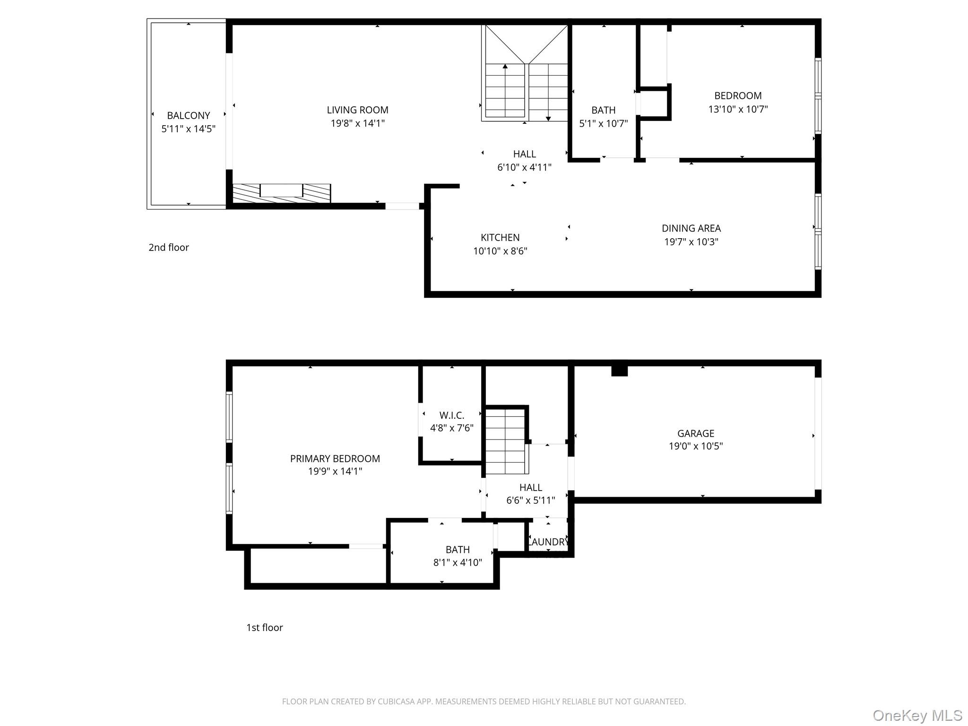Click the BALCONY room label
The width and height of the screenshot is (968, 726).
(x=188, y=115)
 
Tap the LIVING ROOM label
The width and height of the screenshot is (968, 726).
(x=357, y=110)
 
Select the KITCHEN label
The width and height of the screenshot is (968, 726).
(x=500, y=237)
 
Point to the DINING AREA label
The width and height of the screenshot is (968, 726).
(x=691, y=228)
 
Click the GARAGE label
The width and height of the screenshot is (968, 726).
(x=696, y=433)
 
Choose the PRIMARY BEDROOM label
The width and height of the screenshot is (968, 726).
(x=335, y=458)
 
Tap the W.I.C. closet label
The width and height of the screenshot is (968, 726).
(x=452, y=415)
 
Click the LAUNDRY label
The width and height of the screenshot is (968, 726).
(x=548, y=542)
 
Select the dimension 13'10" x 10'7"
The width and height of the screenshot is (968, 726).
(x=738, y=109)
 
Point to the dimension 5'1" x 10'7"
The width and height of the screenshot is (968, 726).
(x=604, y=123)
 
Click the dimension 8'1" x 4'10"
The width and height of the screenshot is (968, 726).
(x=458, y=562)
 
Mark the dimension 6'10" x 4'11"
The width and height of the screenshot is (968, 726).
(x=524, y=167)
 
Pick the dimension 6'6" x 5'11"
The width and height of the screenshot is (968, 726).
(x=530, y=500)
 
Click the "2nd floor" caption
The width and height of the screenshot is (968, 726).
(x=169, y=247)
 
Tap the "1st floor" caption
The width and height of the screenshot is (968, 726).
(x=265, y=627)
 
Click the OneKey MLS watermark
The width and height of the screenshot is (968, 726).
(x=917, y=715)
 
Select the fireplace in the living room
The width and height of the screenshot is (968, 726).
(x=281, y=193)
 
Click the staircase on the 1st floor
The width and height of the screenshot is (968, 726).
(x=505, y=441)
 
